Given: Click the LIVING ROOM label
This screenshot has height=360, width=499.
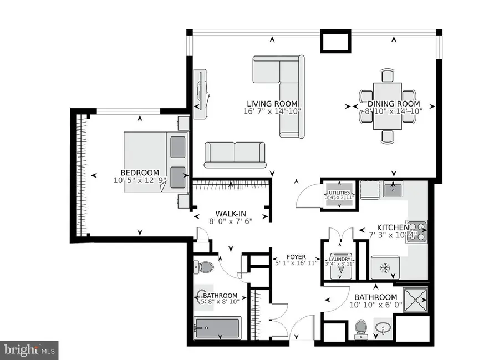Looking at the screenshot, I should tap(272, 103).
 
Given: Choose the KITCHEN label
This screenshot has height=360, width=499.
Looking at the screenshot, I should tap(393, 227).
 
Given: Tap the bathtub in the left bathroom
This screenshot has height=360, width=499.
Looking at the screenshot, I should tap(217, 328).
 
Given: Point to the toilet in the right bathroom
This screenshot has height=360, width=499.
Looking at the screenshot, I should tap(360, 328).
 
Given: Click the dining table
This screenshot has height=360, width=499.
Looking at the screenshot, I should tap(388, 105).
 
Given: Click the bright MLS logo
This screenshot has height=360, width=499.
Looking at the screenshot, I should tap(29, 349).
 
